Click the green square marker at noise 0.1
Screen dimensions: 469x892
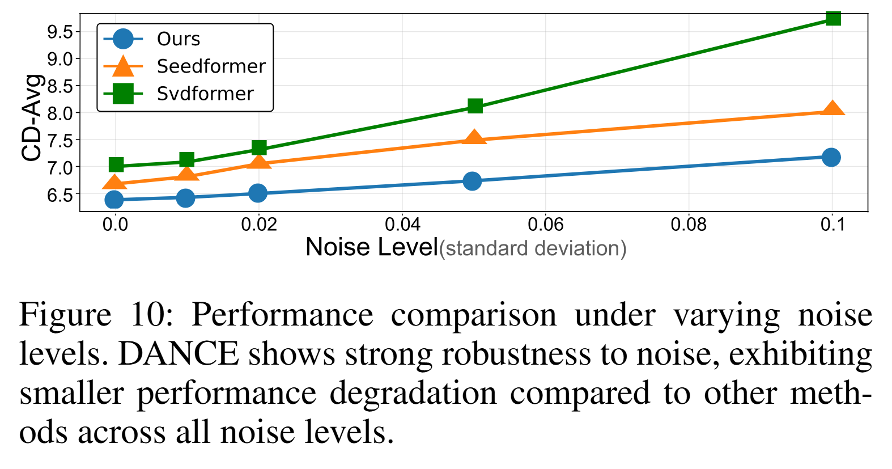(x=832, y=19)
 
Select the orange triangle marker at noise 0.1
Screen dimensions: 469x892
(x=832, y=109)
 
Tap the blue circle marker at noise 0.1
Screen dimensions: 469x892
(x=831, y=157)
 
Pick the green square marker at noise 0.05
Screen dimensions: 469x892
(x=475, y=106)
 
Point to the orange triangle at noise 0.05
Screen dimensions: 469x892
(x=474, y=138)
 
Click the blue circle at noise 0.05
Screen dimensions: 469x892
(x=472, y=181)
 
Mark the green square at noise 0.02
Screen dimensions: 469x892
(x=259, y=148)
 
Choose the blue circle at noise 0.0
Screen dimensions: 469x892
(x=114, y=200)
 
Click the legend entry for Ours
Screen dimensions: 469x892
(x=178, y=39)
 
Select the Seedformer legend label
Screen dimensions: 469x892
(x=211, y=66)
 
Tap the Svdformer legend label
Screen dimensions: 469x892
(x=205, y=94)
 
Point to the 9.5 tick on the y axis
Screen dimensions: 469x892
(x=60, y=32)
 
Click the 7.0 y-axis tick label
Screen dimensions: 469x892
(x=60, y=168)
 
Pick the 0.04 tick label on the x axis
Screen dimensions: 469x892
(x=402, y=225)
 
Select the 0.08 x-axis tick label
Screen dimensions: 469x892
(x=689, y=225)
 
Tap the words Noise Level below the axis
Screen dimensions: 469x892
(x=372, y=247)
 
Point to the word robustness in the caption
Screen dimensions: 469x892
(x=516, y=354)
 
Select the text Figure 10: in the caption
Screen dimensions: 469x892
(x=96, y=315)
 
